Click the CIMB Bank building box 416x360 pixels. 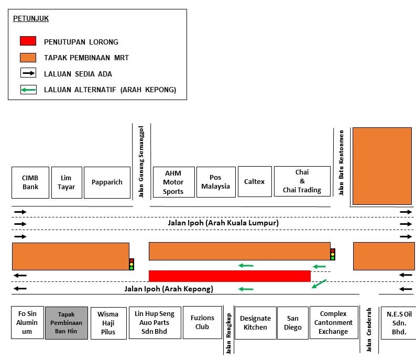pyautogui.click(x=30, y=182)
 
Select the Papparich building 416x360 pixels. pyautogui.click(x=107, y=182)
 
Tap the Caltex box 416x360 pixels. pyautogui.click(x=255, y=182)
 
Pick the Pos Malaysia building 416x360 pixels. pyautogui.click(x=216, y=182)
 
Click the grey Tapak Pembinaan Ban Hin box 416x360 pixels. pyautogui.click(x=67, y=323)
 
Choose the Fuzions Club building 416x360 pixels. pyautogui.click(x=202, y=322)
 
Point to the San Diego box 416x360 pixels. pyautogui.click(x=293, y=323)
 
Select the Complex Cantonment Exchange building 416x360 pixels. pyautogui.click(x=334, y=323)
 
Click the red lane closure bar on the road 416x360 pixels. pyautogui.click(x=229, y=276)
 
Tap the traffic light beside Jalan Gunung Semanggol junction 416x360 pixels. pyautogui.click(x=132, y=264)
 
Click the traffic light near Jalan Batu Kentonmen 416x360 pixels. pyautogui.click(x=333, y=254)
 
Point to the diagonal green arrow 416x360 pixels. pyautogui.click(x=319, y=284)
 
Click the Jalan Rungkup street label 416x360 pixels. pyautogui.click(x=228, y=333)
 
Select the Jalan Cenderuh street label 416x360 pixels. pyautogui.click(x=369, y=330)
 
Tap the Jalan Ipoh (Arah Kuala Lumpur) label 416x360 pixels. pyautogui.click(x=223, y=223)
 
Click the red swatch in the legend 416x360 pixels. pyautogui.click(x=28, y=41)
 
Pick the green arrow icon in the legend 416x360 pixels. pyautogui.click(x=28, y=90)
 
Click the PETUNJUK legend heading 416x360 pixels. pyautogui.click(x=31, y=18)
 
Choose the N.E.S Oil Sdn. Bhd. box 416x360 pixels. pyautogui.click(x=399, y=323)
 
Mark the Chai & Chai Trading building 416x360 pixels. pyautogui.click(x=302, y=181)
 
